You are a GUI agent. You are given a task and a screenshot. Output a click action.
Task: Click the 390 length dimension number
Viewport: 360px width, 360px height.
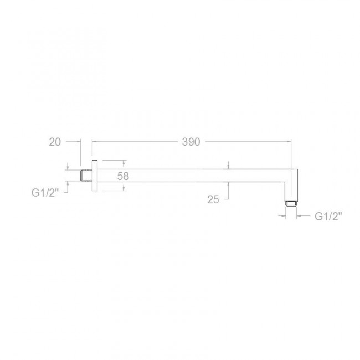tap(191, 142)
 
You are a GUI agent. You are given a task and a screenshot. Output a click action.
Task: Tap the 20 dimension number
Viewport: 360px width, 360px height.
tap(55, 142)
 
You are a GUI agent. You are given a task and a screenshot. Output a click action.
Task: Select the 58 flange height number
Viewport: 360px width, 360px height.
tap(123, 176)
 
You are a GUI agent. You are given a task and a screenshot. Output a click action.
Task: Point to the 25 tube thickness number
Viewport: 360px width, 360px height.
tap(213, 199)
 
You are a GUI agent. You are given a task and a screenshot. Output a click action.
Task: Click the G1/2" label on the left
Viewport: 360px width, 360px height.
tap(45, 192)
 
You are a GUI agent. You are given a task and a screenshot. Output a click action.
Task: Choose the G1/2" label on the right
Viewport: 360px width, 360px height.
tap(328, 216)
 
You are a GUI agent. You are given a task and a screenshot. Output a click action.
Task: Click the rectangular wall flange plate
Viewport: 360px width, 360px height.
tap(95, 176)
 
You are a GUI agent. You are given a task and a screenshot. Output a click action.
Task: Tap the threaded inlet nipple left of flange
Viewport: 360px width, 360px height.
tap(86, 176)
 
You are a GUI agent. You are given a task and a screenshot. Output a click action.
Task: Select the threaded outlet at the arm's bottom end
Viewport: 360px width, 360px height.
tap(291, 203)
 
